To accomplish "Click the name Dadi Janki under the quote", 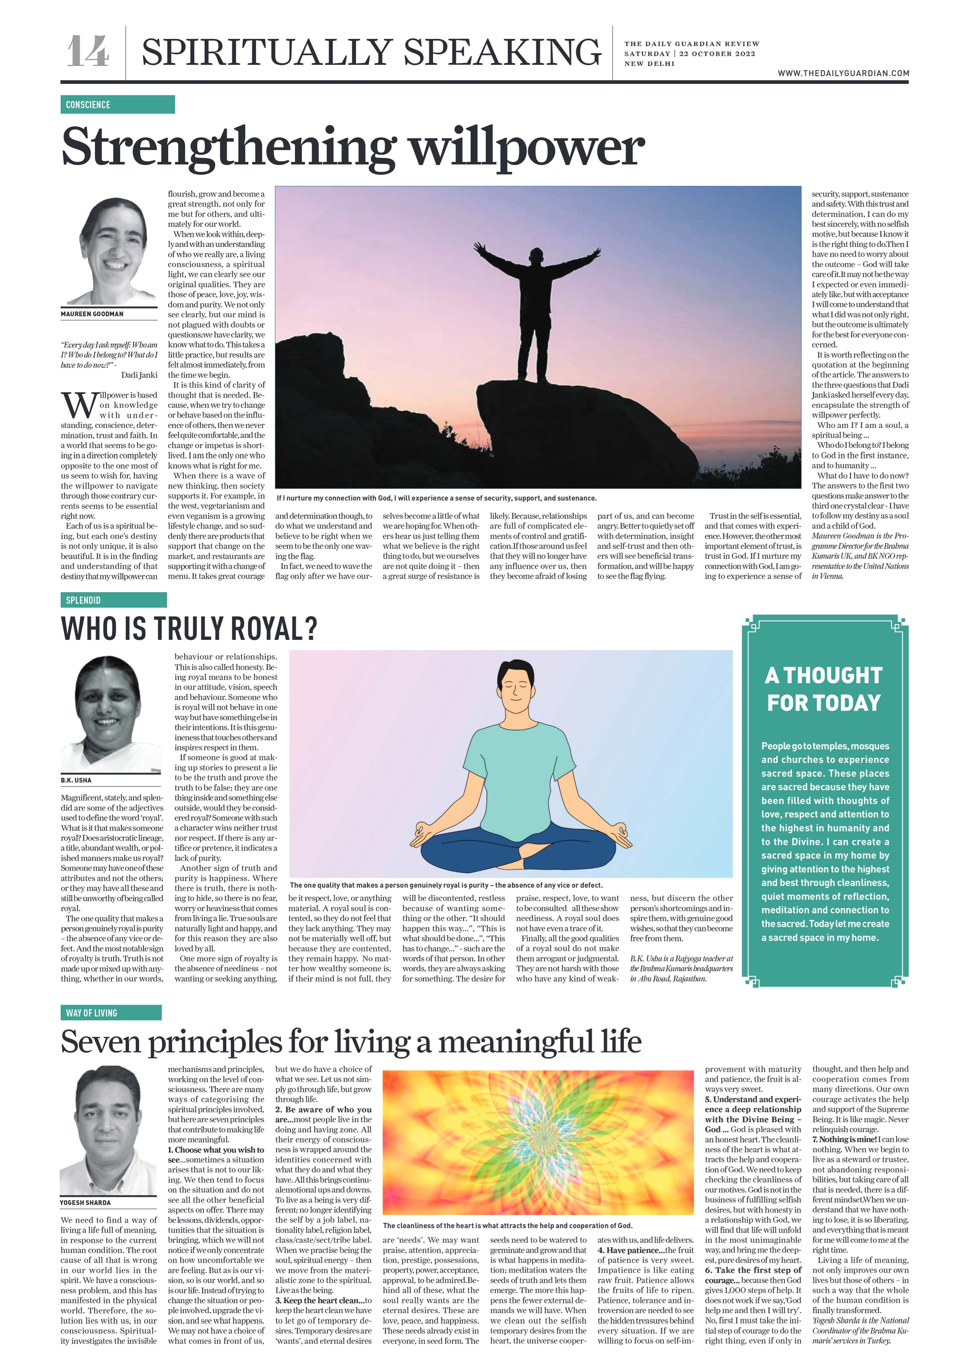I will (x=139, y=375).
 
